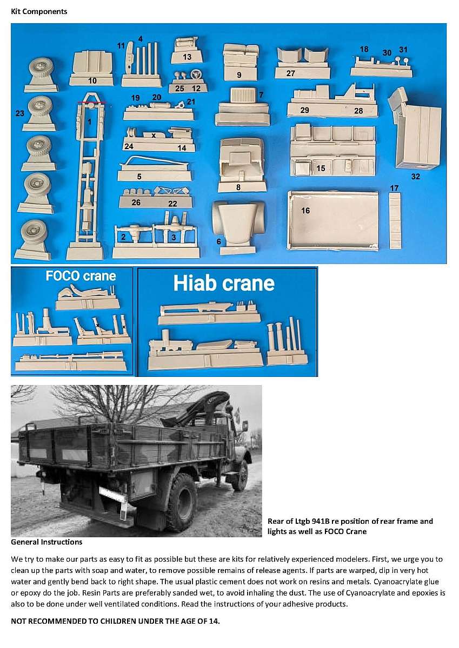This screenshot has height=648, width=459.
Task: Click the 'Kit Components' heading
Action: (39, 11)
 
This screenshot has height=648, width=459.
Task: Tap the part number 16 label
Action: (305, 211)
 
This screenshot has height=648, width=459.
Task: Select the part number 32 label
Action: (416, 177)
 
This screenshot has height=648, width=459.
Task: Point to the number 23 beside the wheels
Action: (19, 113)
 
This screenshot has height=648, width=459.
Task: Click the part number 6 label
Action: (219, 241)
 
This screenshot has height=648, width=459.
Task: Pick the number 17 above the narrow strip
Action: (394, 188)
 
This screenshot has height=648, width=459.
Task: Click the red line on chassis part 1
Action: (91, 102)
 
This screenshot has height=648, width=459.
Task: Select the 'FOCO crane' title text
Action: (81, 276)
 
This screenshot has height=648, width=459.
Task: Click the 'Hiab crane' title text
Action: (224, 283)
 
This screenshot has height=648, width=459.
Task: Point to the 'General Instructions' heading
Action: (46, 542)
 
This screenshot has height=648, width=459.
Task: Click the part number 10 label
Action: (92, 80)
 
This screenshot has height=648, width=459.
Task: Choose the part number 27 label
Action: (290, 73)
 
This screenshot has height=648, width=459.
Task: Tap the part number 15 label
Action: (321, 168)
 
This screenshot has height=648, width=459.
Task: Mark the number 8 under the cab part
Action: (238, 187)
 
